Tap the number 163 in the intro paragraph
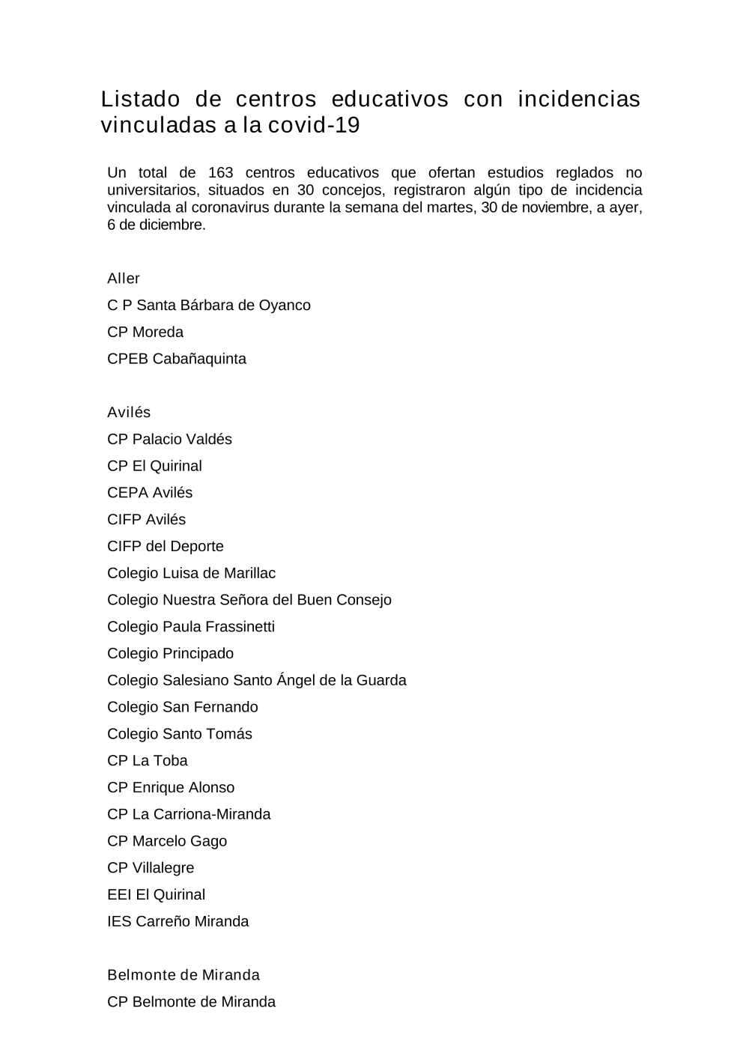pyautogui.click(x=221, y=173)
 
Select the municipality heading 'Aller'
pyautogui.click(x=124, y=279)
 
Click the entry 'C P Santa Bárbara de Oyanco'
pyautogui.click(x=209, y=306)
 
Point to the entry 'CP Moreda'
pyautogui.click(x=145, y=333)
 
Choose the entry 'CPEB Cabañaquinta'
pyautogui.click(x=177, y=359)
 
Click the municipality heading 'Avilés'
pyautogui.click(x=129, y=413)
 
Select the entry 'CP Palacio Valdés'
pyautogui.click(x=169, y=440)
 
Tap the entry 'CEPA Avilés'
pyautogui.click(x=150, y=493)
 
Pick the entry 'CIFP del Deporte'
pyautogui.click(x=166, y=547)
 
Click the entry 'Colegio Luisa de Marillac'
pyautogui.click(x=191, y=574)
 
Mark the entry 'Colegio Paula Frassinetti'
pyautogui.click(x=191, y=627)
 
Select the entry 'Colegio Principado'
pyautogui.click(x=170, y=654)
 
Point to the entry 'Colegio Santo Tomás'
pyautogui.click(x=180, y=734)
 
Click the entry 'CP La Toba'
pyautogui.click(x=148, y=761)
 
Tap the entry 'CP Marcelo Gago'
pyautogui.click(x=167, y=841)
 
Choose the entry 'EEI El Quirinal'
pyautogui.click(x=156, y=895)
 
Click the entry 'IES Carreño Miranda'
pyautogui.click(x=178, y=922)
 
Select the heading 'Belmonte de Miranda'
pyautogui.click(x=184, y=975)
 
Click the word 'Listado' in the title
pyautogui.click(x=141, y=100)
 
